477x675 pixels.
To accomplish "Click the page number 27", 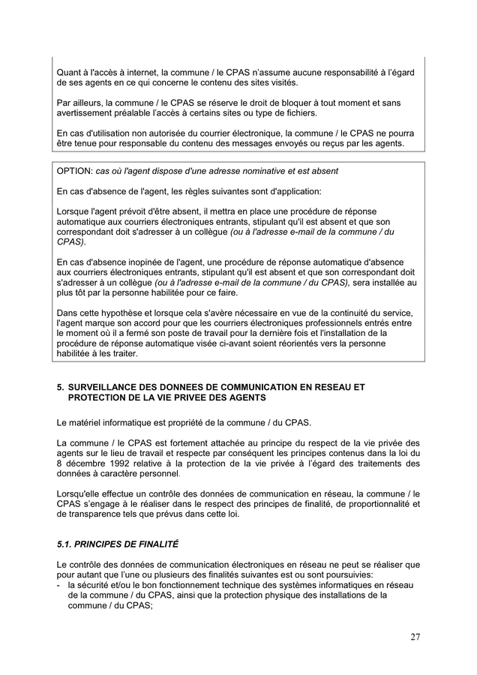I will [x=415, y=637].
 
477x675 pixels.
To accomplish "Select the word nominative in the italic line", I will [x=243, y=171].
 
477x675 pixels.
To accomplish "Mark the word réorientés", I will [x=299, y=343].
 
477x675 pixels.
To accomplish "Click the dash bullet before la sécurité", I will [x=59, y=585].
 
